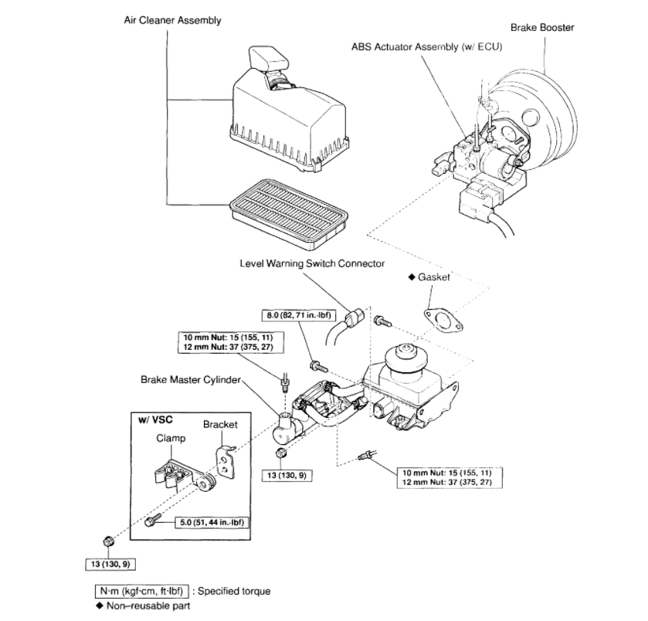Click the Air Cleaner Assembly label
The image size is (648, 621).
tap(173, 20)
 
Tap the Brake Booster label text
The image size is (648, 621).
tap(542, 28)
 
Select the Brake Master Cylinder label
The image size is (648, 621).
tap(192, 379)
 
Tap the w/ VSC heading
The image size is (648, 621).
tap(154, 419)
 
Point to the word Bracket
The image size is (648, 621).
tap(220, 424)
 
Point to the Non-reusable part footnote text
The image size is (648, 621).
tap(146, 606)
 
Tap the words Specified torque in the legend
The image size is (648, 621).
tap(234, 592)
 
